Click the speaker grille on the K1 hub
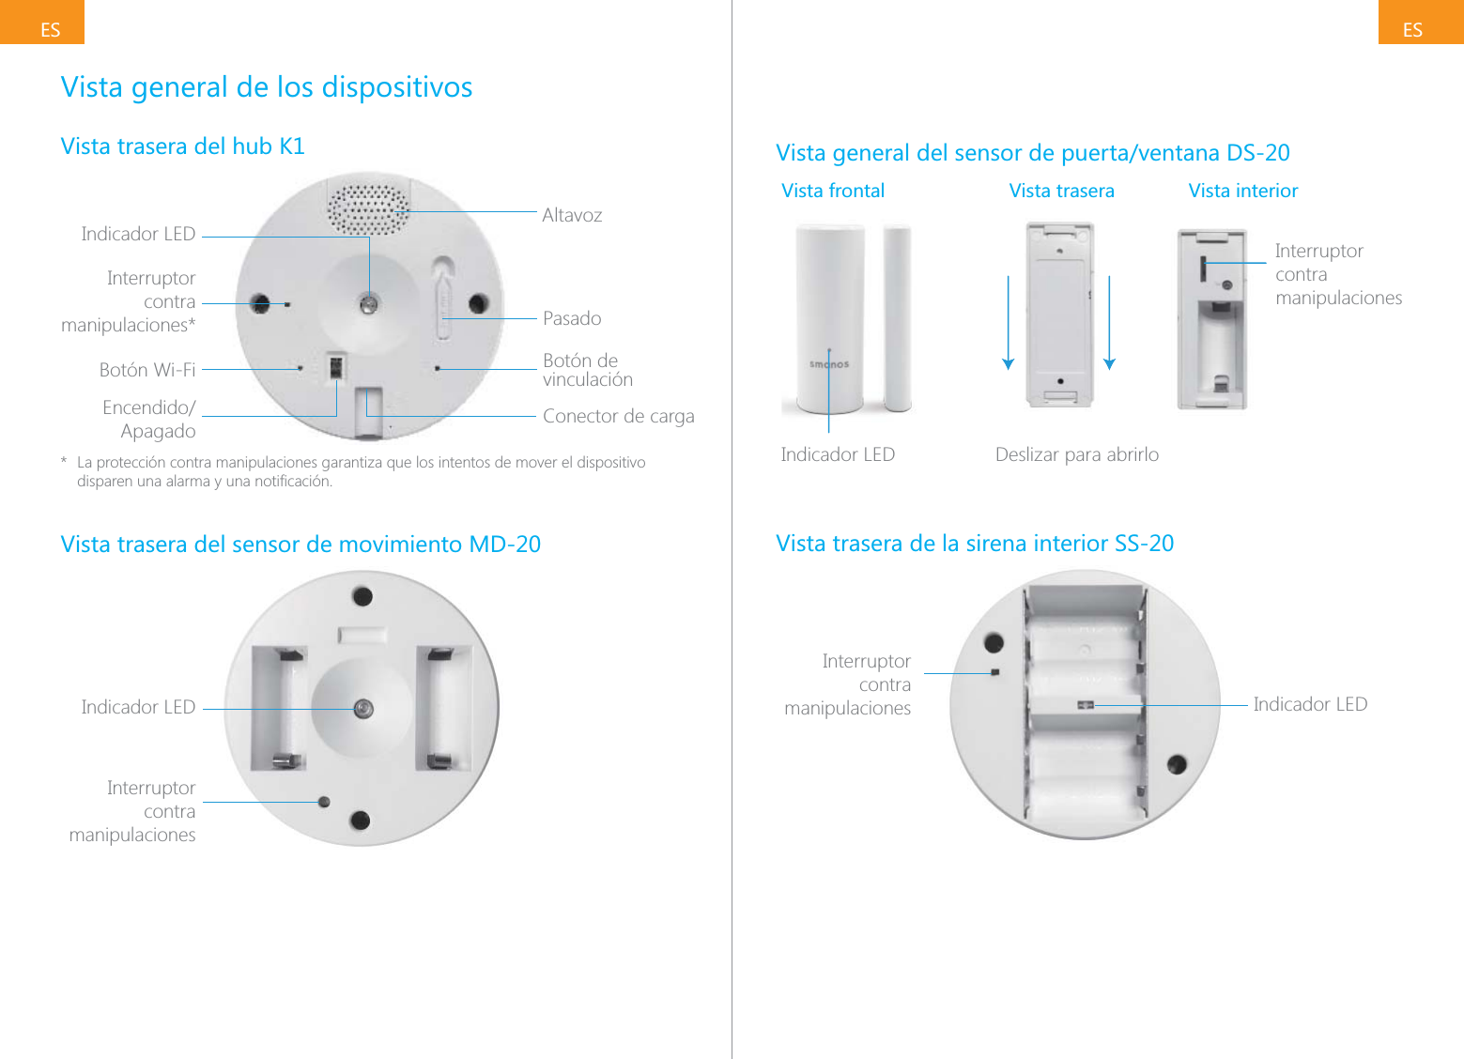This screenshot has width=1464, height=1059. point(369,209)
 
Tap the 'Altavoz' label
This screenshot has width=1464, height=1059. point(572,215)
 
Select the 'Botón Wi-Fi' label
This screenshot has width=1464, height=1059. point(147,370)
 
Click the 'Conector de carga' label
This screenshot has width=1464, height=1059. point(618,416)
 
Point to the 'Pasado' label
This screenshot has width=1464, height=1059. point(572,318)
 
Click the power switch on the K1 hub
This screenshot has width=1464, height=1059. point(334,366)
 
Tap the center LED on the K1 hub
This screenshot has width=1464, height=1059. point(369,303)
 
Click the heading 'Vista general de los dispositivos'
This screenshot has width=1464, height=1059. point(266,87)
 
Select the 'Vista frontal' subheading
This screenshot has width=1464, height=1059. point(833,191)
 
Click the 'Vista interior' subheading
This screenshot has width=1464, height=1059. point(1242,191)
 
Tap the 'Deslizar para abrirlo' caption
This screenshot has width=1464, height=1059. point(1076,454)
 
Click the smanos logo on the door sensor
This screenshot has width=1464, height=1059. point(829,364)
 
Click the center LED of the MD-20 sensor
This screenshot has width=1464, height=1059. point(363,709)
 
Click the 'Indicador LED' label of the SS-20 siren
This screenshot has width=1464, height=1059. point(1310,704)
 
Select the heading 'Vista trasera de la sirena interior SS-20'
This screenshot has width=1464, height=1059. point(974,544)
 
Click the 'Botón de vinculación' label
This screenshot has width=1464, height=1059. point(587,370)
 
